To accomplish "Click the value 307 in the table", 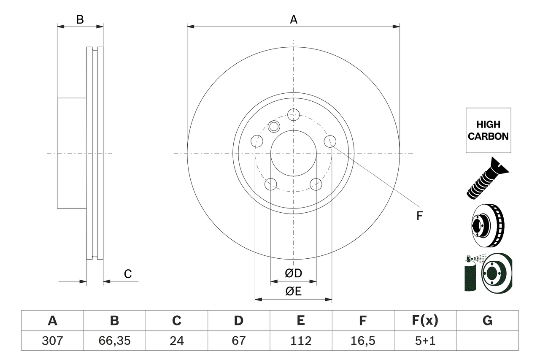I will point(52,341).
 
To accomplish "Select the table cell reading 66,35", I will point(114,341).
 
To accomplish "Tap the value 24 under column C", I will point(176,341).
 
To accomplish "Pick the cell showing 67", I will point(238,341).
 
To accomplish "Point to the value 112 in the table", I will point(300,341).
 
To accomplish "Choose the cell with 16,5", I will point(362,341).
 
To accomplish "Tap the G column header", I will point(487,321).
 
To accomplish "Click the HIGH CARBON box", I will point(488,130).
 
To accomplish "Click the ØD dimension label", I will point(294,273).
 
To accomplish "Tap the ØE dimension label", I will point(294,292).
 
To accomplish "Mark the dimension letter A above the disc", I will point(294,19).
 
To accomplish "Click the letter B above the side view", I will point(80,19).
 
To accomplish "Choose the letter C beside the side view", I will point(128,274).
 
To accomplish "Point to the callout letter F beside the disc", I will point(419,216).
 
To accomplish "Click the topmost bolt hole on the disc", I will point(293,114).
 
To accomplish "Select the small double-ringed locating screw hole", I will point(274,126).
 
